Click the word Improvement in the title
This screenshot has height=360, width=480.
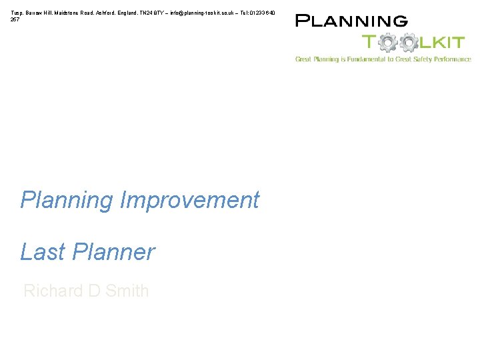(189, 200)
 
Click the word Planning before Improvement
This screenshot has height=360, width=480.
(67, 200)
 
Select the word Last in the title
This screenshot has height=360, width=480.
(43, 252)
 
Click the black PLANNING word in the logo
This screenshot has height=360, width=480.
(351, 21)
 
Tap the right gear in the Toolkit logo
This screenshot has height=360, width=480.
(409, 43)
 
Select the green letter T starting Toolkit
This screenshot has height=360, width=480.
(369, 43)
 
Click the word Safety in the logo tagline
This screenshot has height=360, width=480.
(422, 59)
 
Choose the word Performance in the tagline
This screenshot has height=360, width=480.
(453, 59)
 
